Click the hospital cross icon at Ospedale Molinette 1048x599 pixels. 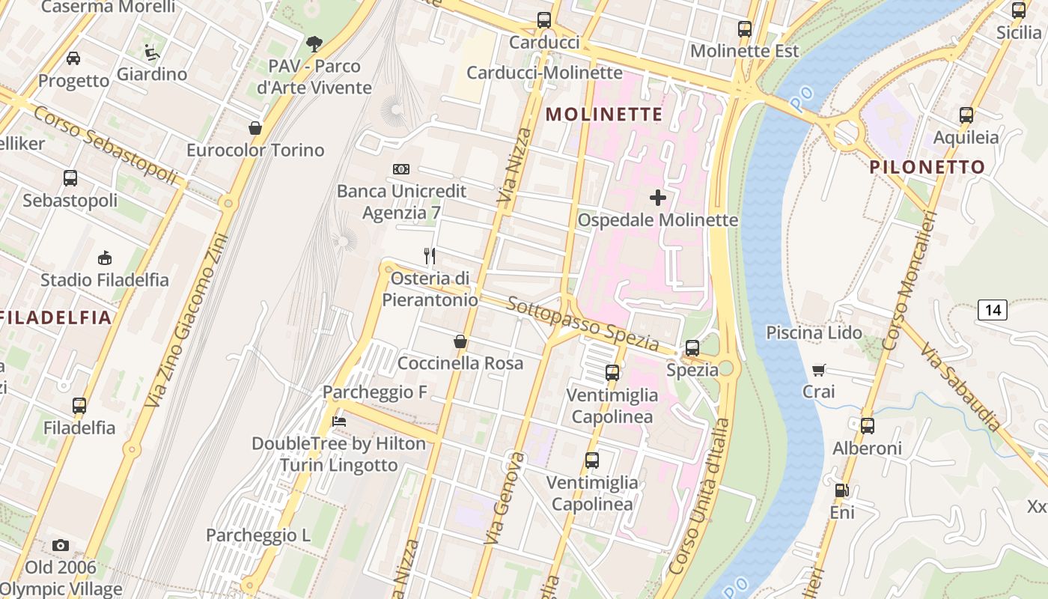(x=658, y=198)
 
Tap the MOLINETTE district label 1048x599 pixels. (x=604, y=115)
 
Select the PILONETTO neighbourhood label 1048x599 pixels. (x=927, y=167)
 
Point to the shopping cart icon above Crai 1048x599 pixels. (x=819, y=370)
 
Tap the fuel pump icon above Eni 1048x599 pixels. (x=842, y=491)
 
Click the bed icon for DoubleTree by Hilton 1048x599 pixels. (x=339, y=422)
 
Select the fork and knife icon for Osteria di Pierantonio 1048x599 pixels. (x=430, y=256)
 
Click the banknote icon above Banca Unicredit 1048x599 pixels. (x=401, y=169)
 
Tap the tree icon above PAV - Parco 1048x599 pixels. (x=314, y=44)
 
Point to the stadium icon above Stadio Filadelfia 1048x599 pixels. (x=105, y=258)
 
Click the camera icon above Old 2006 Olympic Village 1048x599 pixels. (x=61, y=545)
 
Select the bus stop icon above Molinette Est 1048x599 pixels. (x=744, y=29)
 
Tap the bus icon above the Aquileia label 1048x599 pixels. (x=966, y=115)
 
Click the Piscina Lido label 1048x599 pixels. (x=814, y=332)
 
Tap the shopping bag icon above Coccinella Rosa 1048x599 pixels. (x=460, y=341)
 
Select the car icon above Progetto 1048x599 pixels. (x=73, y=58)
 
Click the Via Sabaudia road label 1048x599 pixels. (x=961, y=387)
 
